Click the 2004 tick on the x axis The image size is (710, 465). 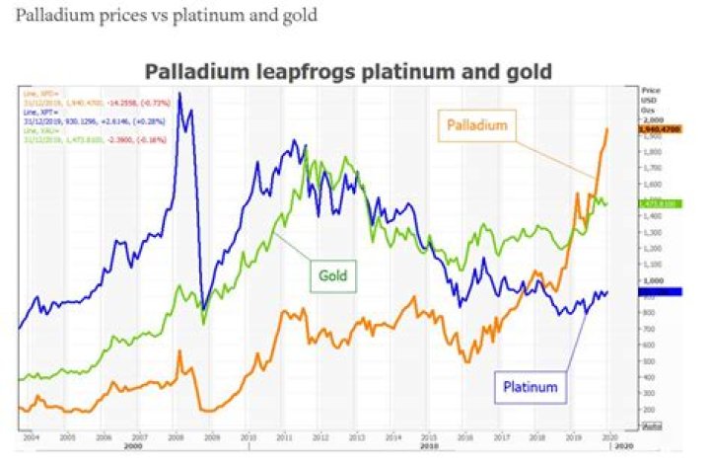pyautogui.click(x=32, y=434)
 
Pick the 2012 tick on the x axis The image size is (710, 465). pyautogui.click(x=320, y=434)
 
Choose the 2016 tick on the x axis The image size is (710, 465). pyautogui.click(x=464, y=434)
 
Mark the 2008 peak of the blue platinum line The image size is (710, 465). pyautogui.click(x=178, y=95)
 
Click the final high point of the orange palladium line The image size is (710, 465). pyautogui.click(x=606, y=128)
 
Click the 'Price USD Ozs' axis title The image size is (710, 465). pyautogui.click(x=650, y=98)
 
